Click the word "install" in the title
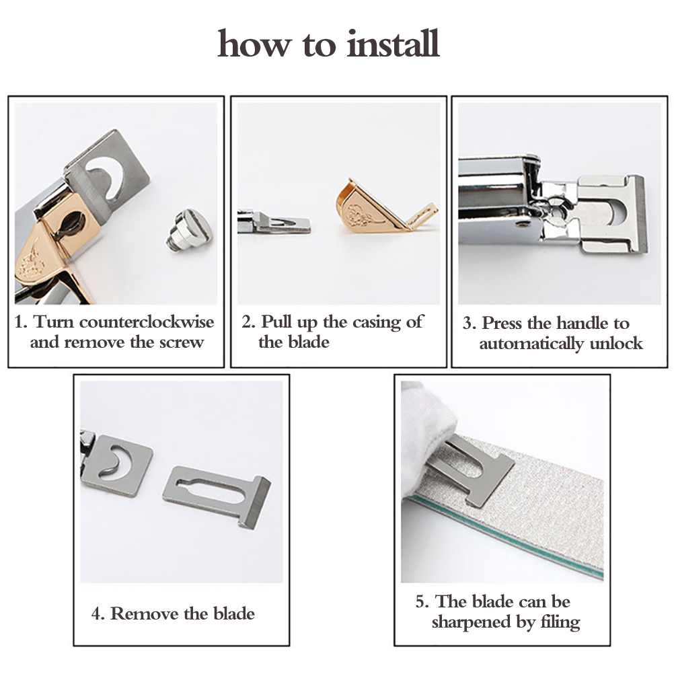click(393, 43)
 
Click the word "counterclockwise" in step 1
click(147, 322)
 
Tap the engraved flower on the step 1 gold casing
click(30, 262)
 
